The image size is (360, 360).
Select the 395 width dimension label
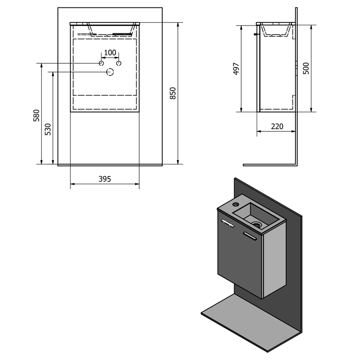(x=105, y=179)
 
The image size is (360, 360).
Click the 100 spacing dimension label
(x=110, y=53)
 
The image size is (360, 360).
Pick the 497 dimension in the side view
(x=236, y=69)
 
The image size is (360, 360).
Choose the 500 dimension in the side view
(x=306, y=69)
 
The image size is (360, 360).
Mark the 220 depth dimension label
(x=277, y=127)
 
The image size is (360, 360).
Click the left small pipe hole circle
(x=101, y=63)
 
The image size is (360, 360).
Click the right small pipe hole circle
(x=118, y=63)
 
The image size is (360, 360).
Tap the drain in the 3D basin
(x=257, y=225)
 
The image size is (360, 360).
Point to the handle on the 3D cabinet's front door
(x=227, y=223)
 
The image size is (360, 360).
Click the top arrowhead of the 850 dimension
(x=178, y=24)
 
